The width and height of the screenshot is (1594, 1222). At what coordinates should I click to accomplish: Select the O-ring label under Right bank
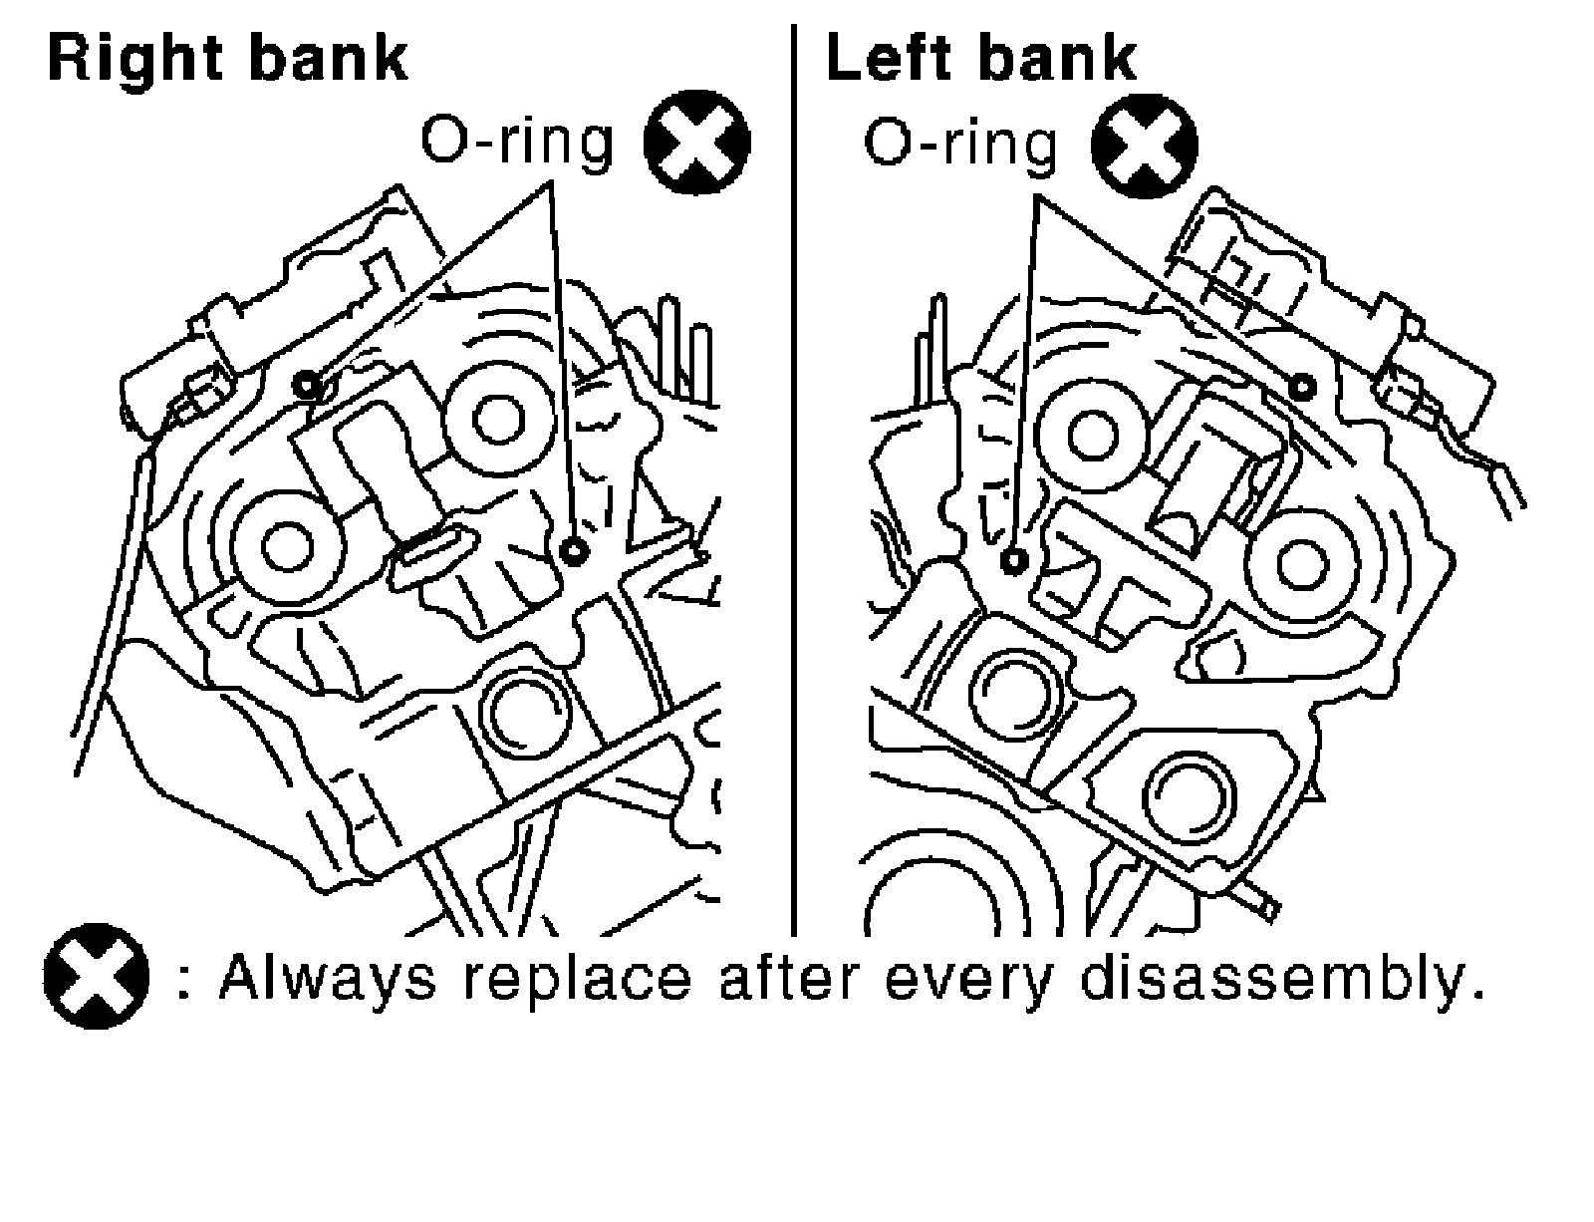(516, 142)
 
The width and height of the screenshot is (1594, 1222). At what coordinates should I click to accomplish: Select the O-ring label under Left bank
(958, 144)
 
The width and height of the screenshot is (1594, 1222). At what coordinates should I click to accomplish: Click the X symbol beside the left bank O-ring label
(1145, 144)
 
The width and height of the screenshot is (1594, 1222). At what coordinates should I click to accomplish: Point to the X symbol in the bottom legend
(97, 977)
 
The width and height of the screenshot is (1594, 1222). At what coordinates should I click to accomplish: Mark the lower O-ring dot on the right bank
(572, 550)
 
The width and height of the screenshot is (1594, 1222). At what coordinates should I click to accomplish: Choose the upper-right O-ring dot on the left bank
(1301, 386)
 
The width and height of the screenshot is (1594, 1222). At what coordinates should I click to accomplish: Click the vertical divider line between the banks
(794, 478)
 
